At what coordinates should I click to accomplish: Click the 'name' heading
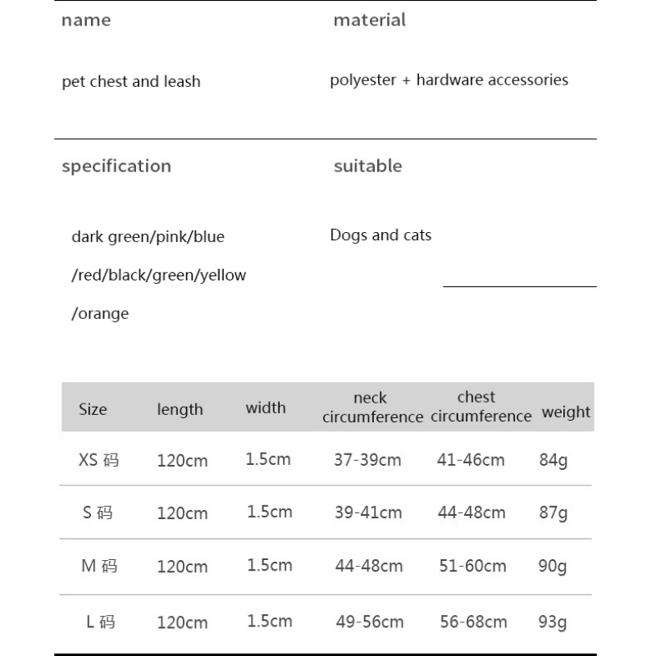pyautogui.click(x=85, y=20)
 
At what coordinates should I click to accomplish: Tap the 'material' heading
pyautogui.click(x=369, y=20)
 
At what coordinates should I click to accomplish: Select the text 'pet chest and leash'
pyautogui.click(x=131, y=82)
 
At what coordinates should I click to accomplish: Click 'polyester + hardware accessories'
pyautogui.click(x=449, y=80)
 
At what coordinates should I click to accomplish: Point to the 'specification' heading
pyautogui.click(x=116, y=166)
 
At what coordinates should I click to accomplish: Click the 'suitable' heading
pyautogui.click(x=367, y=166)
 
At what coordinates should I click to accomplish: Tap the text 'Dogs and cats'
pyautogui.click(x=380, y=235)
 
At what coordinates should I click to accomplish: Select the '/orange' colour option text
pyautogui.click(x=100, y=314)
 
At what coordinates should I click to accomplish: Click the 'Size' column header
pyautogui.click(x=93, y=409)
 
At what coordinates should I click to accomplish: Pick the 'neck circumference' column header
pyautogui.click(x=372, y=408)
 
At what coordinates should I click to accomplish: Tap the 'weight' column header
pyautogui.click(x=566, y=412)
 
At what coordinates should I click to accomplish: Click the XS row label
pyautogui.click(x=98, y=460)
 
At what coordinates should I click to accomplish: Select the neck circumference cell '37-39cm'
pyautogui.click(x=367, y=460)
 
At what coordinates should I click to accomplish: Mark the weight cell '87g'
pyautogui.click(x=553, y=513)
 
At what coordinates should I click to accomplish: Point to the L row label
pyautogui.click(x=100, y=622)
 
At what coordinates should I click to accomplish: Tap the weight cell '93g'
pyautogui.click(x=553, y=622)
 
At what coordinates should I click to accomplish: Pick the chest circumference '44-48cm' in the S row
pyautogui.click(x=471, y=513)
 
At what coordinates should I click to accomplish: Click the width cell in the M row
pyautogui.click(x=269, y=565)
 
